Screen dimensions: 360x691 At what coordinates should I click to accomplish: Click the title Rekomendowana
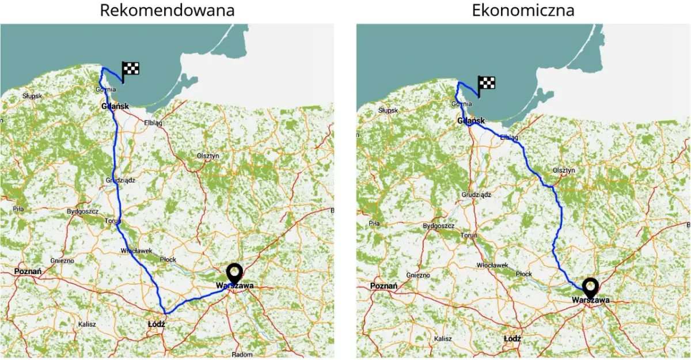point(167,10)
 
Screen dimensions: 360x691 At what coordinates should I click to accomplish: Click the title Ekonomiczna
point(523,10)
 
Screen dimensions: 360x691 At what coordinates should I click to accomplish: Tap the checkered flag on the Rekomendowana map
point(131,70)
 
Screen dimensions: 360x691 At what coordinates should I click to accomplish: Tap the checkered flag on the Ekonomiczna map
point(487,84)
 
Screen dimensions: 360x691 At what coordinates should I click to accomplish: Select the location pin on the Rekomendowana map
point(234,273)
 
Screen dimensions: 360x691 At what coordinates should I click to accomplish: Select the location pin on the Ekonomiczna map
point(590,287)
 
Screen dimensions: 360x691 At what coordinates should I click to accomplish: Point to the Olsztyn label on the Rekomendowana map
point(208,156)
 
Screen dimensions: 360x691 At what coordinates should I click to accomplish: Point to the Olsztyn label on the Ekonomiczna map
point(564,170)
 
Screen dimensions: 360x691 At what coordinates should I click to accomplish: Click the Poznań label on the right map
point(384,286)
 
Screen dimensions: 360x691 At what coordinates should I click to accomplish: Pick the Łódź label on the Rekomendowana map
point(155,324)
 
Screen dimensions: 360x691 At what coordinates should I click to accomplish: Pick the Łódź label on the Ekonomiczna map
point(512,339)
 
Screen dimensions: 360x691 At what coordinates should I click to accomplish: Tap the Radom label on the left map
point(242,354)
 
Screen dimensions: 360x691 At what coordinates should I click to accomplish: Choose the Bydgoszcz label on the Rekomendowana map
point(82,211)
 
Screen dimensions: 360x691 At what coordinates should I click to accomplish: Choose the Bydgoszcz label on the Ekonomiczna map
point(438,226)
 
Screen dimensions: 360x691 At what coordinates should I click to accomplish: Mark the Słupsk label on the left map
point(32,96)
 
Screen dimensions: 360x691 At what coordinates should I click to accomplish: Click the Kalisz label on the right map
point(443,339)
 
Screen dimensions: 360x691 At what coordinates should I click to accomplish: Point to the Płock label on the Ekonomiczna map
point(523,274)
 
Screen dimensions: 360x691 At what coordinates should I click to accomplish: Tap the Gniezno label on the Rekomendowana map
point(62,260)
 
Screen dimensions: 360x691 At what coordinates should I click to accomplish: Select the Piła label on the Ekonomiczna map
point(374,223)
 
